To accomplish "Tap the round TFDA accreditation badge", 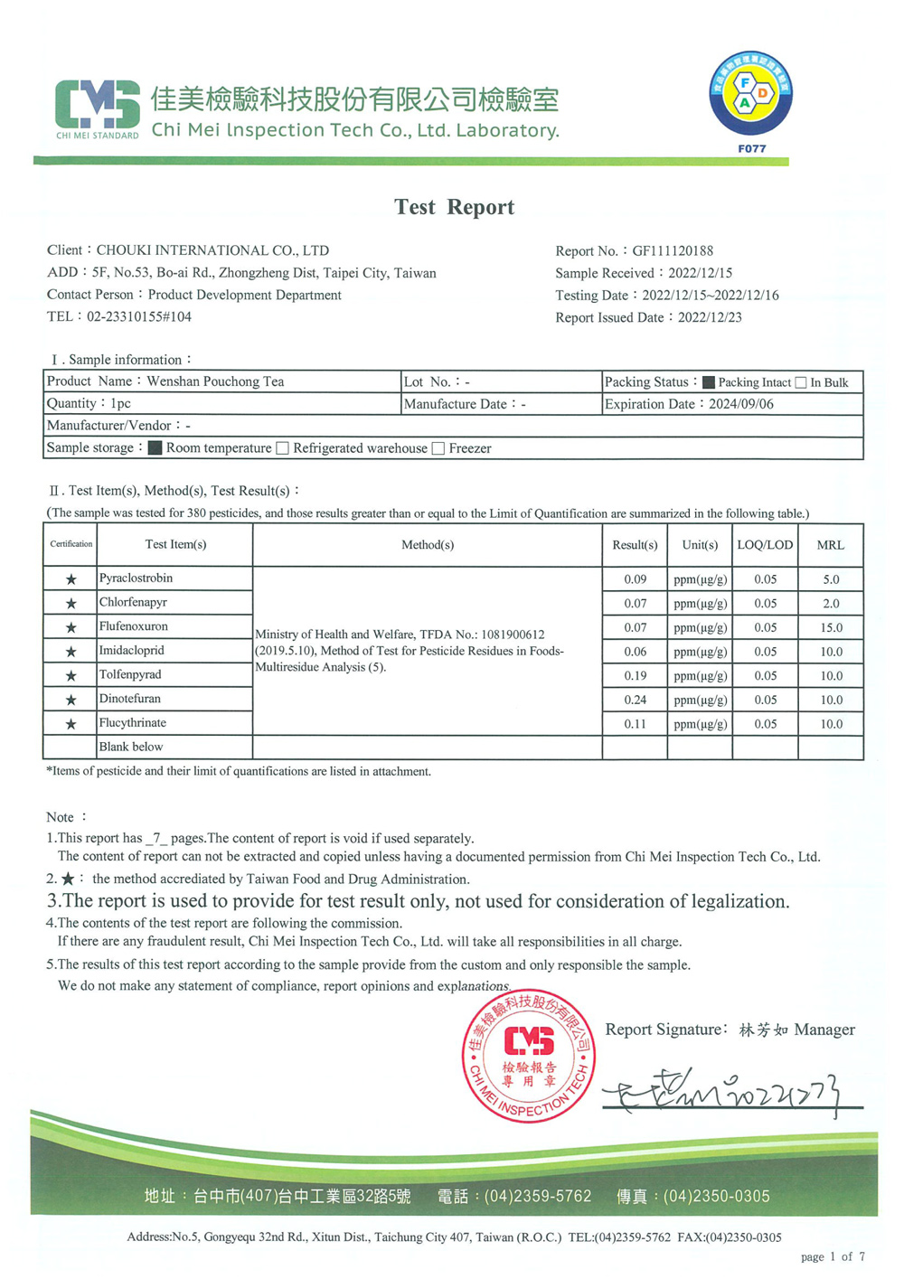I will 750,94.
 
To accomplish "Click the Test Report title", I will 454,207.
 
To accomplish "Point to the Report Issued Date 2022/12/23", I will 710,318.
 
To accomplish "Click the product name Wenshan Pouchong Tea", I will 215,381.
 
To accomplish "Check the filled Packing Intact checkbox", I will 709,382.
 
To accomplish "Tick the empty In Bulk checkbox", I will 801,382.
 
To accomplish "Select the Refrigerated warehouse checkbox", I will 283,448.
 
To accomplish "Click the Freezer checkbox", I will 438,448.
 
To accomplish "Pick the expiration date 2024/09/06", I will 741,404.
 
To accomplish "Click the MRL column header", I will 830,545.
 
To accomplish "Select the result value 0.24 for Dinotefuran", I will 635,700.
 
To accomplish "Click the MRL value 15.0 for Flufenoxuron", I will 830,627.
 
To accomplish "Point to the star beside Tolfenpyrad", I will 71,676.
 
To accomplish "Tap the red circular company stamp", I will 529,1056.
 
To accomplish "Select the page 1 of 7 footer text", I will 833,1256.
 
